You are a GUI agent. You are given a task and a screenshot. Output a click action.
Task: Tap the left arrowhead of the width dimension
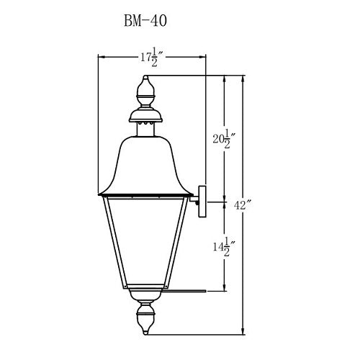[100, 57]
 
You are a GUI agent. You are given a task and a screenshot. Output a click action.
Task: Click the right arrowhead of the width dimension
[204, 57]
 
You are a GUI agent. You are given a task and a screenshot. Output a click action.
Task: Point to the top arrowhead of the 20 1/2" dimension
[228, 76]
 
